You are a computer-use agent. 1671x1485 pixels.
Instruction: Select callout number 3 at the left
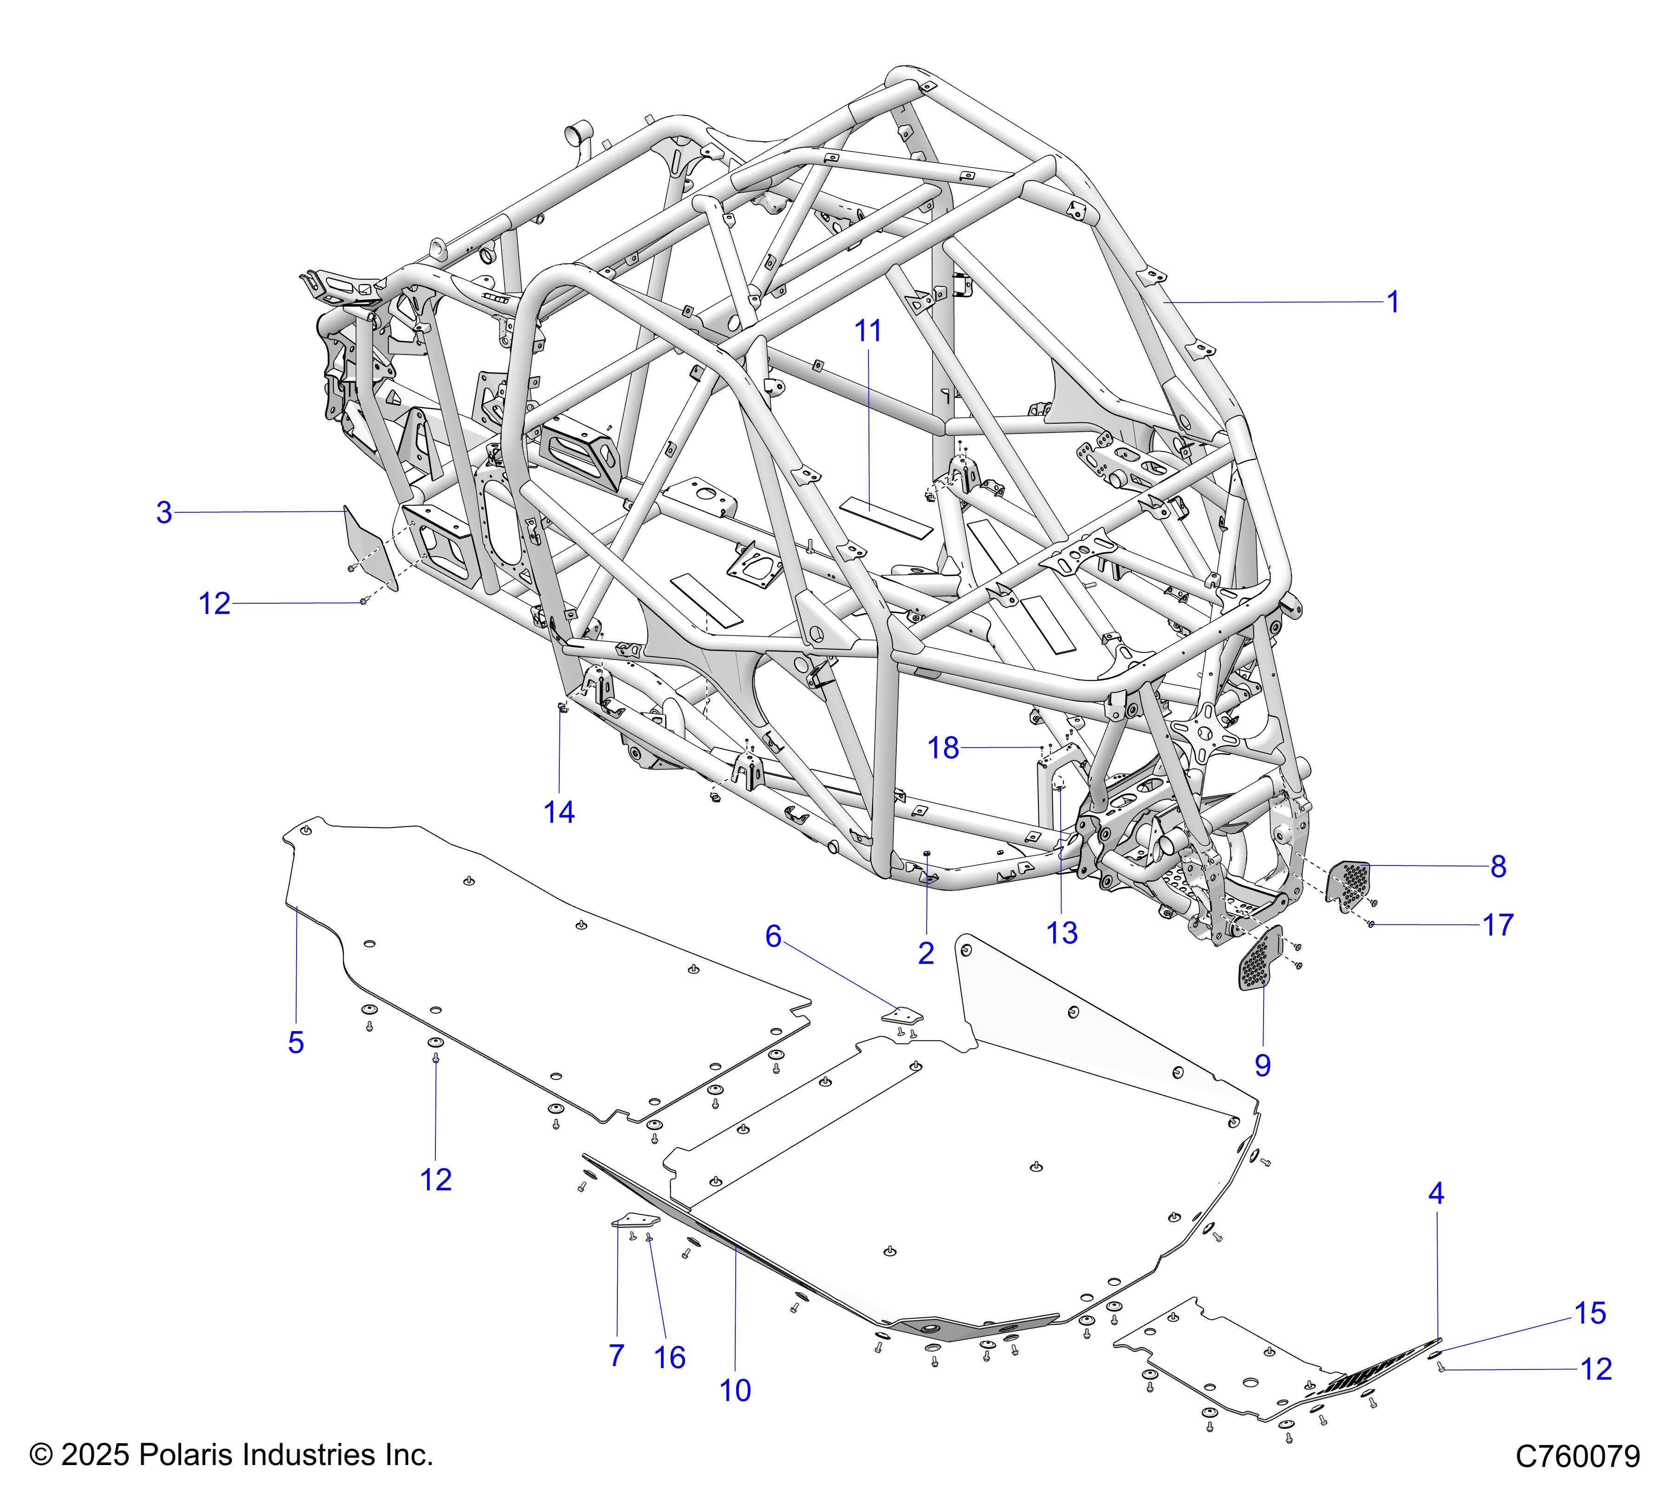pyautogui.click(x=164, y=513)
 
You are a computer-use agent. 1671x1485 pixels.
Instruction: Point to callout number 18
pyautogui.click(x=943, y=748)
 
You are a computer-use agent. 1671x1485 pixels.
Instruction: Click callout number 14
pyautogui.click(x=559, y=813)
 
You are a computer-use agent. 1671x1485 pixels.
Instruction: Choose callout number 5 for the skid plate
pyautogui.click(x=296, y=1043)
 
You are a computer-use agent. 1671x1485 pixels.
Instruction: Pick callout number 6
pyautogui.click(x=773, y=936)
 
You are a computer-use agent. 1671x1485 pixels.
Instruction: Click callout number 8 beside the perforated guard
pyautogui.click(x=1498, y=866)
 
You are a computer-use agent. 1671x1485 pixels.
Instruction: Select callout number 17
pyautogui.click(x=1498, y=925)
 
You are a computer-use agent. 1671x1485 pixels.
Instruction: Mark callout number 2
pyautogui.click(x=926, y=953)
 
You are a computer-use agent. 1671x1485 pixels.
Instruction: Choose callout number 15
pyautogui.click(x=1590, y=1313)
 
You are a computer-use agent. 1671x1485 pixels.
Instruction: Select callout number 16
pyautogui.click(x=669, y=1357)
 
